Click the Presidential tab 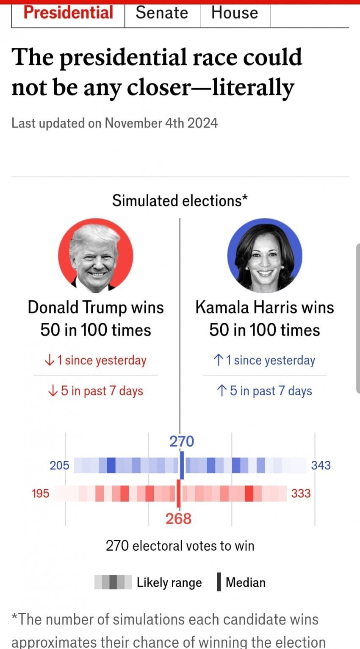pyautogui.click(x=68, y=13)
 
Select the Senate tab pyautogui.click(x=162, y=13)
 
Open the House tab pyautogui.click(x=235, y=13)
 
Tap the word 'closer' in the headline pyautogui.click(x=159, y=87)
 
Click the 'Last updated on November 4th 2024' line pyautogui.click(x=114, y=123)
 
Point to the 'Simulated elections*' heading pyautogui.click(x=180, y=201)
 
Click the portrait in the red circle pyautogui.click(x=96, y=255)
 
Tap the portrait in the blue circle pyautogui.click(x=265, y=255)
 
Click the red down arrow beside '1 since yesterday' pyautogui.click(x=50, y=360)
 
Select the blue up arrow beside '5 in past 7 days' pyautogui.click(x=222, y=391)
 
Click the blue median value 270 pyautogui.click(x=182, y=441)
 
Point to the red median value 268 pyautogui.click(x=178, y=519)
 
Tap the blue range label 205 pyautogui.click(x=59, y=466)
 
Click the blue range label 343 pyautogui.click(x=321, y=466)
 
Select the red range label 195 pyautogui.click(x=41, y=494)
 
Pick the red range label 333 pyautogui.click(x=301, y=494)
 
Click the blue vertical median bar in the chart pyautogui.click(x=182, y=465)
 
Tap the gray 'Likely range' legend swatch pyautogui.click(x=113, y=582)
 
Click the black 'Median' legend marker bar pyautogui.click(x=219, y=582)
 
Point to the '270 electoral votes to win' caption pyautogui.click(x=180, y=546)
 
